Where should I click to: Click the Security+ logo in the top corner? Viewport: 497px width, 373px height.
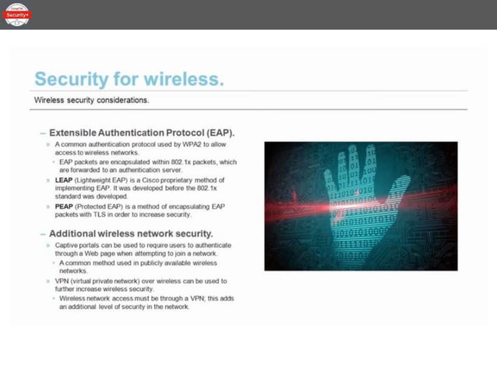pos(16,14)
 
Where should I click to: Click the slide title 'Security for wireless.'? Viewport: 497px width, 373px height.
pos(129,80)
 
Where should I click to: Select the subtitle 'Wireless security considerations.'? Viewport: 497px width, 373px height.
pos(91,101)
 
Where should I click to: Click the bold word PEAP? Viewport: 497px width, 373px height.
pos(65,205)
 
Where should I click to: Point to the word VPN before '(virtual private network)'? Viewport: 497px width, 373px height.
pos(63,279)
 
